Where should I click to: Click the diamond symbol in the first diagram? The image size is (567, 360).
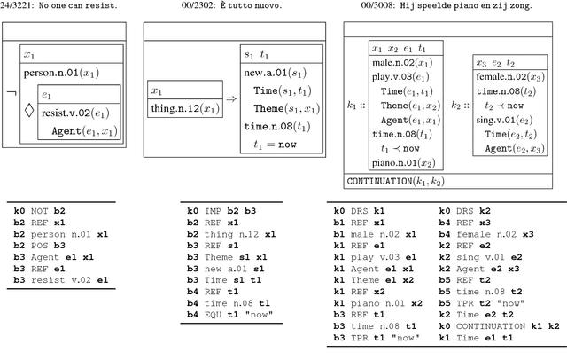(x=29, y=112)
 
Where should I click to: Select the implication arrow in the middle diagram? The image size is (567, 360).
(x=230, y=99)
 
